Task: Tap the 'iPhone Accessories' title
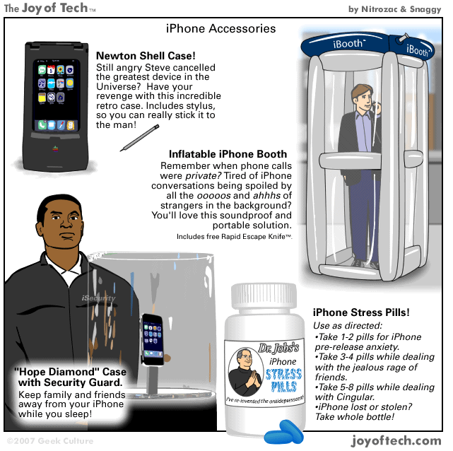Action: click(220, 29)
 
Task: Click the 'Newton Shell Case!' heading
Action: click(146, 55)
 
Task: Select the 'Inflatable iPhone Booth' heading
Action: click(228, 154)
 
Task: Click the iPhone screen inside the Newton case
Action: click(57, 95)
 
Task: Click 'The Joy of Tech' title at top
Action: click(49, 8)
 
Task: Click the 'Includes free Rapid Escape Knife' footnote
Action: click(234, 236)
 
